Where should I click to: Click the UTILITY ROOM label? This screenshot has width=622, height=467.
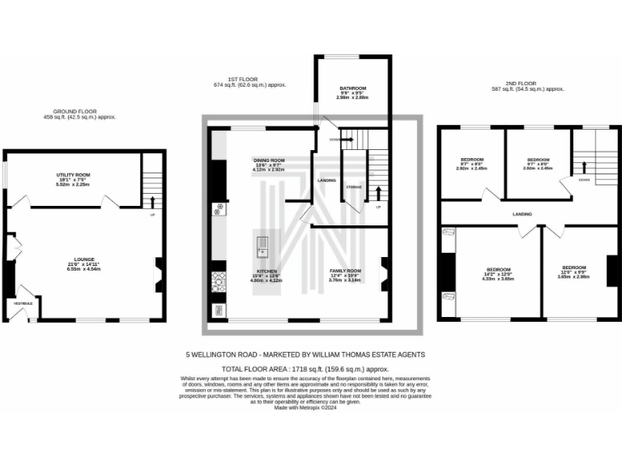73,175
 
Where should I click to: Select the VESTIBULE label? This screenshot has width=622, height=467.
23,303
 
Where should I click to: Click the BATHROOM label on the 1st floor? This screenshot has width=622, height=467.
352,88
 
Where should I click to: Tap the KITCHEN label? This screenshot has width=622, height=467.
267,271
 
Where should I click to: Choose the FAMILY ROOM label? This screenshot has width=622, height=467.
344,271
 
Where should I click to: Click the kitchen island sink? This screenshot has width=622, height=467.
263,242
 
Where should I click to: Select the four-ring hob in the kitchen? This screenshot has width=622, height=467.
218,281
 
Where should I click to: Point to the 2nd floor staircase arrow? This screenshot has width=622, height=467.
582,168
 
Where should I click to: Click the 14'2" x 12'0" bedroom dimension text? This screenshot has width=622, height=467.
499,274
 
